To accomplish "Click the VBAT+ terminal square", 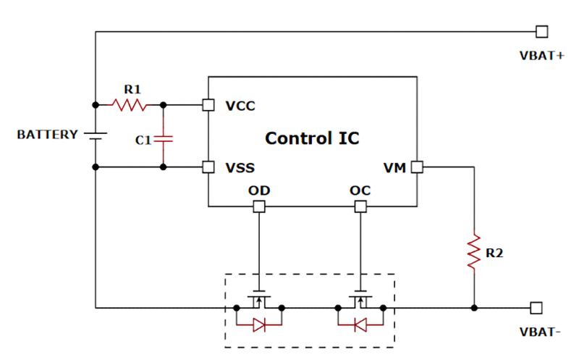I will pos(541,31).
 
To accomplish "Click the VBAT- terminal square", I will pos(536,307).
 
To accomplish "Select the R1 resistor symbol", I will pos(128,105).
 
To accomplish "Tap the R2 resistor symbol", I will pos(474,252).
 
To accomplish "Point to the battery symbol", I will pos(96,135).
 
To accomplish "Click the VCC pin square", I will pos(208,105).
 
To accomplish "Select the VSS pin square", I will pos(208,167).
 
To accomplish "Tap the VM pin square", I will pos(417,167).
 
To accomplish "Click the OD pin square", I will pos(258,207).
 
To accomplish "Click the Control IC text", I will pos(311,138).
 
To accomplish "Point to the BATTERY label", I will pos(47,135).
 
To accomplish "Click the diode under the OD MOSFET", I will pos(258,327).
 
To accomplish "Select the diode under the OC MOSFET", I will pos(360,327).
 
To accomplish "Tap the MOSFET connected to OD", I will pos(258,299).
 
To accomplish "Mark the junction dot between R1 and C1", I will pos(164,105).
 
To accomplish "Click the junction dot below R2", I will pos(474,307).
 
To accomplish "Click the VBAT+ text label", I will pos(541,55).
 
